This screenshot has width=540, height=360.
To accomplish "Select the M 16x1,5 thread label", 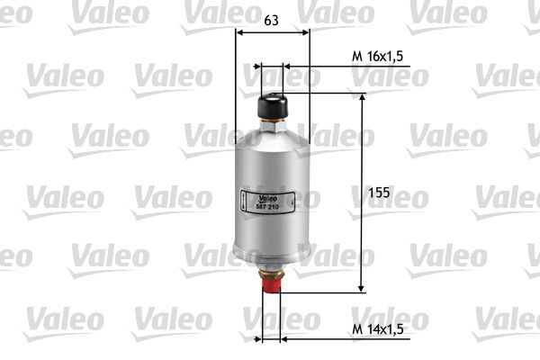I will click(377, 56).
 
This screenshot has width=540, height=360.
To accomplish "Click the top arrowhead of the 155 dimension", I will click(363, 96).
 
